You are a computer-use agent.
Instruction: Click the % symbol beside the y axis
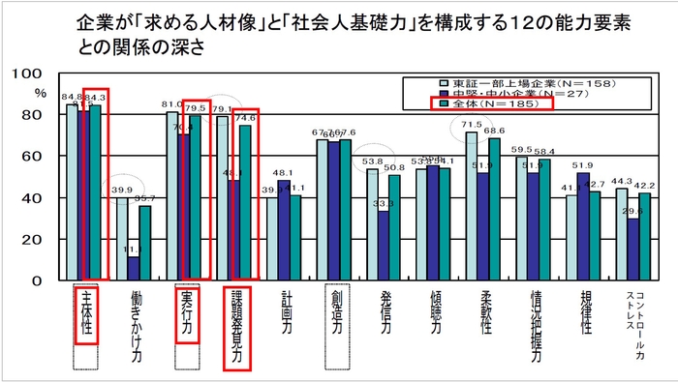click(40, 93)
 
